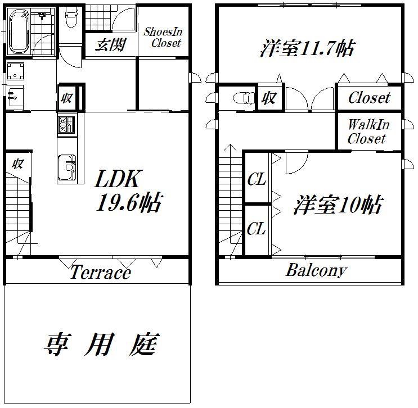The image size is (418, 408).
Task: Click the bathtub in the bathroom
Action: [19, 31]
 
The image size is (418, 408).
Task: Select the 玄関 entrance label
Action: [110, 44]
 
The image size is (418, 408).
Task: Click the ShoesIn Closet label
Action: [163, 37]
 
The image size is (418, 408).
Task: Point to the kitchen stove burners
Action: [66, 125]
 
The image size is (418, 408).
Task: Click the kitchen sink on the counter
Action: [66, 167]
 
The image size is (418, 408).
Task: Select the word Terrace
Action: [101, 272]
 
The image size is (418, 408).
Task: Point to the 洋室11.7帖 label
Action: [307, 48]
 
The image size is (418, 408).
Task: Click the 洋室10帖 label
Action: [338, 205]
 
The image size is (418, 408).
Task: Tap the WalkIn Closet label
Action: [368, 132]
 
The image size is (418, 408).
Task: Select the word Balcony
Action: [316, 270]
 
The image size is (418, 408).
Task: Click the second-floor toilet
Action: [244, 98]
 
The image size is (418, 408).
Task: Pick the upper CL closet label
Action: [257, 179]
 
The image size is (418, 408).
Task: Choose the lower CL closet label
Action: [256, 229]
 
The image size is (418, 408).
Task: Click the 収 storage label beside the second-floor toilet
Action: [269, 98]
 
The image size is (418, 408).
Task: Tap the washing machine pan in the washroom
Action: [15, 71]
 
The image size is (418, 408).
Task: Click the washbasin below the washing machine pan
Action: [15, 97]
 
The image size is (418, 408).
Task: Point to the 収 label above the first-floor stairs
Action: [18, 164]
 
